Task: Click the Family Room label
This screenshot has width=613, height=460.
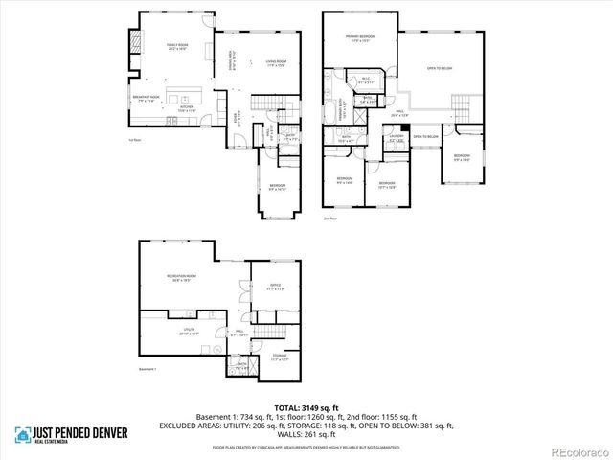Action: point(175,46)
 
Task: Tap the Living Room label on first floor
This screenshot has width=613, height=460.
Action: point(277,64)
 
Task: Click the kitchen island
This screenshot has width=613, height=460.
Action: point(182,97)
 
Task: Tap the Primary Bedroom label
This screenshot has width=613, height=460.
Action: point(360,39)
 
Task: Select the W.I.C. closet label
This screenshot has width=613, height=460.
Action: point(366,80)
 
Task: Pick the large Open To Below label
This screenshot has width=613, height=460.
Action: point(440,68)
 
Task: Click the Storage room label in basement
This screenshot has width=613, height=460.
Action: point(279,356)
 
